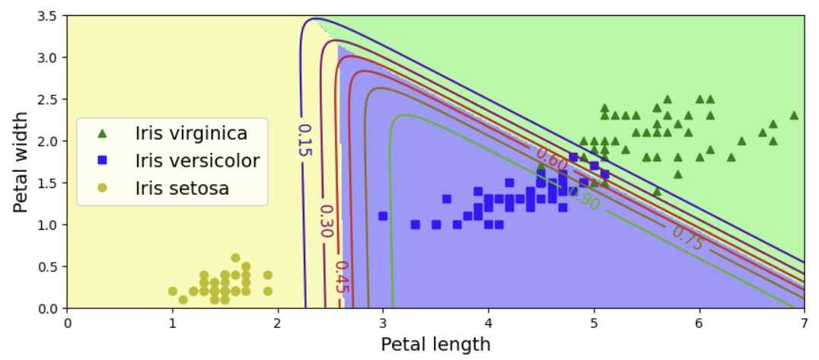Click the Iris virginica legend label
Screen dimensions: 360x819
[191, 133]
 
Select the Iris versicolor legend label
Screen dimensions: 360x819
[197, 161]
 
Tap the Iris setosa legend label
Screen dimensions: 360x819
[182, 188]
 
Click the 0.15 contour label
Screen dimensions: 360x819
[304, 141]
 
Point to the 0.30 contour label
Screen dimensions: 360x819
[326, 221]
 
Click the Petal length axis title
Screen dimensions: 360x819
[435, 345]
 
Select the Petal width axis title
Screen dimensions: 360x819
[21, 162]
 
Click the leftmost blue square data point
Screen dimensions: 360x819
[383, 216]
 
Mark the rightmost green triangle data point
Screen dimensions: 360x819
[794, 116]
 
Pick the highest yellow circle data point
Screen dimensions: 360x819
[235, 258]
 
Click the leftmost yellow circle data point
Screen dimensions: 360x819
[172, 292]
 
